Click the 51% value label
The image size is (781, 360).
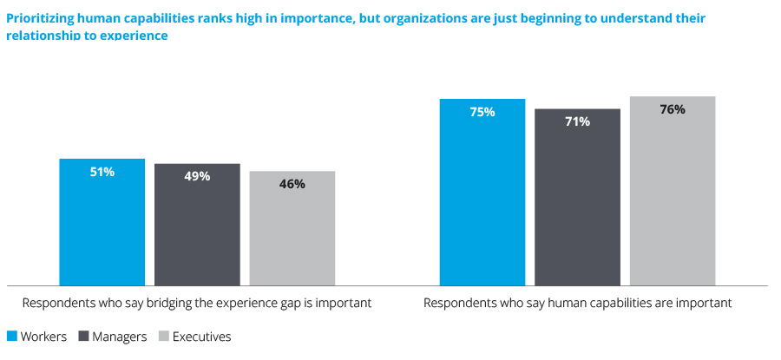point(102,172)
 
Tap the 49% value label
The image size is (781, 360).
point(197,176)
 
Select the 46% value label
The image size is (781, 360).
point(292,184)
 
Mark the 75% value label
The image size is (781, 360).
point(482,112)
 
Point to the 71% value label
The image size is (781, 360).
point(578,121)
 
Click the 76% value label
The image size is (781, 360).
point(673,109)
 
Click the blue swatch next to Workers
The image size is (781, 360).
point(12,337)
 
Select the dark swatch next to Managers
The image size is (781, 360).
point(84,337)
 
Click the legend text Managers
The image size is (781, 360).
point(120,337)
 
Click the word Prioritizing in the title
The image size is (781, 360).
point(42,17)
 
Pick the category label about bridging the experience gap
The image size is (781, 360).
point(197,304)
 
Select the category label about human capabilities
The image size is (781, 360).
point(578,304)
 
